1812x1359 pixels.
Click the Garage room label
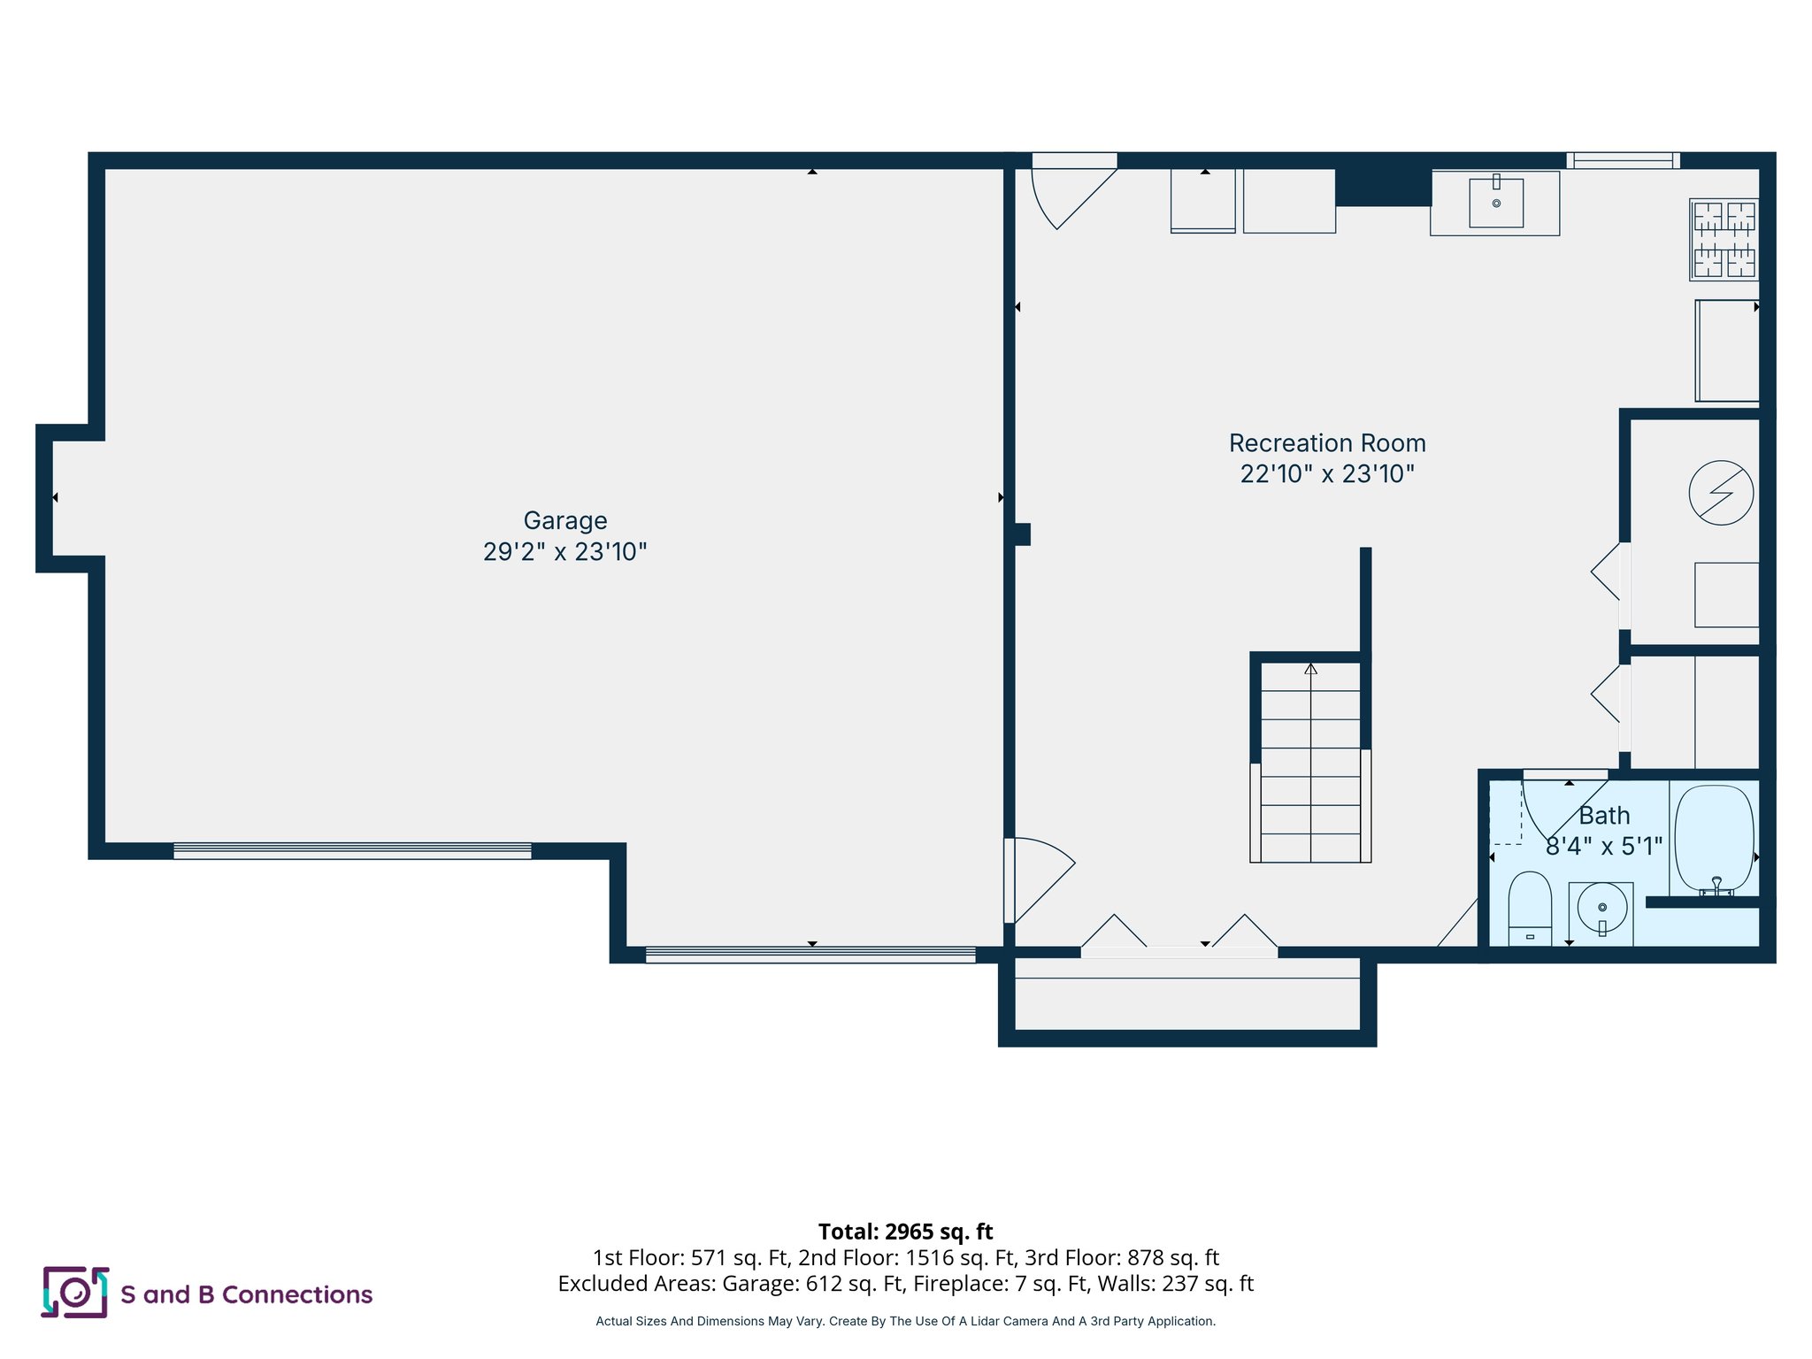coord(564,520)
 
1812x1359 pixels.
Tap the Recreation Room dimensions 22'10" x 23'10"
coord(1326,474)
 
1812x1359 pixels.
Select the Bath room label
coord(1603,816)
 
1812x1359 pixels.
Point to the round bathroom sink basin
coord(1601,908)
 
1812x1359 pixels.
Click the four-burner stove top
coord(1724,240)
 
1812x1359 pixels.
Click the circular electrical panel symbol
coord(1720,493)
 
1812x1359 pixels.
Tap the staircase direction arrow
coord(1310,670)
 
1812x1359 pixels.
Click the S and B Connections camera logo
coord(75,1293)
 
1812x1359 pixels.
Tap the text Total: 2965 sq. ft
coord(905,1232)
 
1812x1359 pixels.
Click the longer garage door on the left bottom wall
coord(352,851)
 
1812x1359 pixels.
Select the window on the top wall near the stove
coord(1623,160)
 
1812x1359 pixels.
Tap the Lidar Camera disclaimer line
coord(905,1321)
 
